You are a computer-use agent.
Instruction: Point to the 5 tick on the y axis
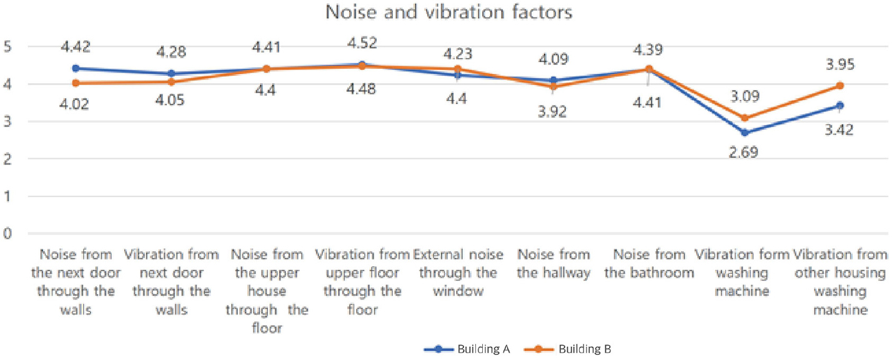point(9,47)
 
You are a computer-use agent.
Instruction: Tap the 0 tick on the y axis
point(9,234)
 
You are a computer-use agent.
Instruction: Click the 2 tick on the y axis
point(9,159)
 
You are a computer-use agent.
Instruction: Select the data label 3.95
point(841,64)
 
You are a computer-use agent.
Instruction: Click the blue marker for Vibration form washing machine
point(744,132)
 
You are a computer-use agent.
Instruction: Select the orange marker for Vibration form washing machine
point(744,117)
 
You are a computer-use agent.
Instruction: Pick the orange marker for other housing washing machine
point(840,86)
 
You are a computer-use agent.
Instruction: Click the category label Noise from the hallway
point(554,264)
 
